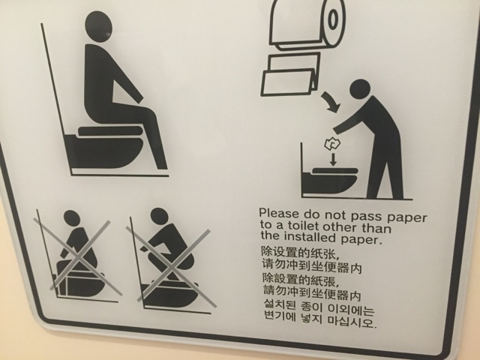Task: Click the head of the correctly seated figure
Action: click(98, 26)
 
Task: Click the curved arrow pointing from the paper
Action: click(331, 101)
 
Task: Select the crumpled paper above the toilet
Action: click(332, 144)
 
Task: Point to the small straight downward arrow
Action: click(333, 160)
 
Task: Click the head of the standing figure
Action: click(361, 91)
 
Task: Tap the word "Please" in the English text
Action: click(278, 213)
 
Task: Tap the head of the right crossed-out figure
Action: click(160, 216)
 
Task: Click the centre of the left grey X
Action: click(78, 257)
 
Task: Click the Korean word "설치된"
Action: click(280, 306)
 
